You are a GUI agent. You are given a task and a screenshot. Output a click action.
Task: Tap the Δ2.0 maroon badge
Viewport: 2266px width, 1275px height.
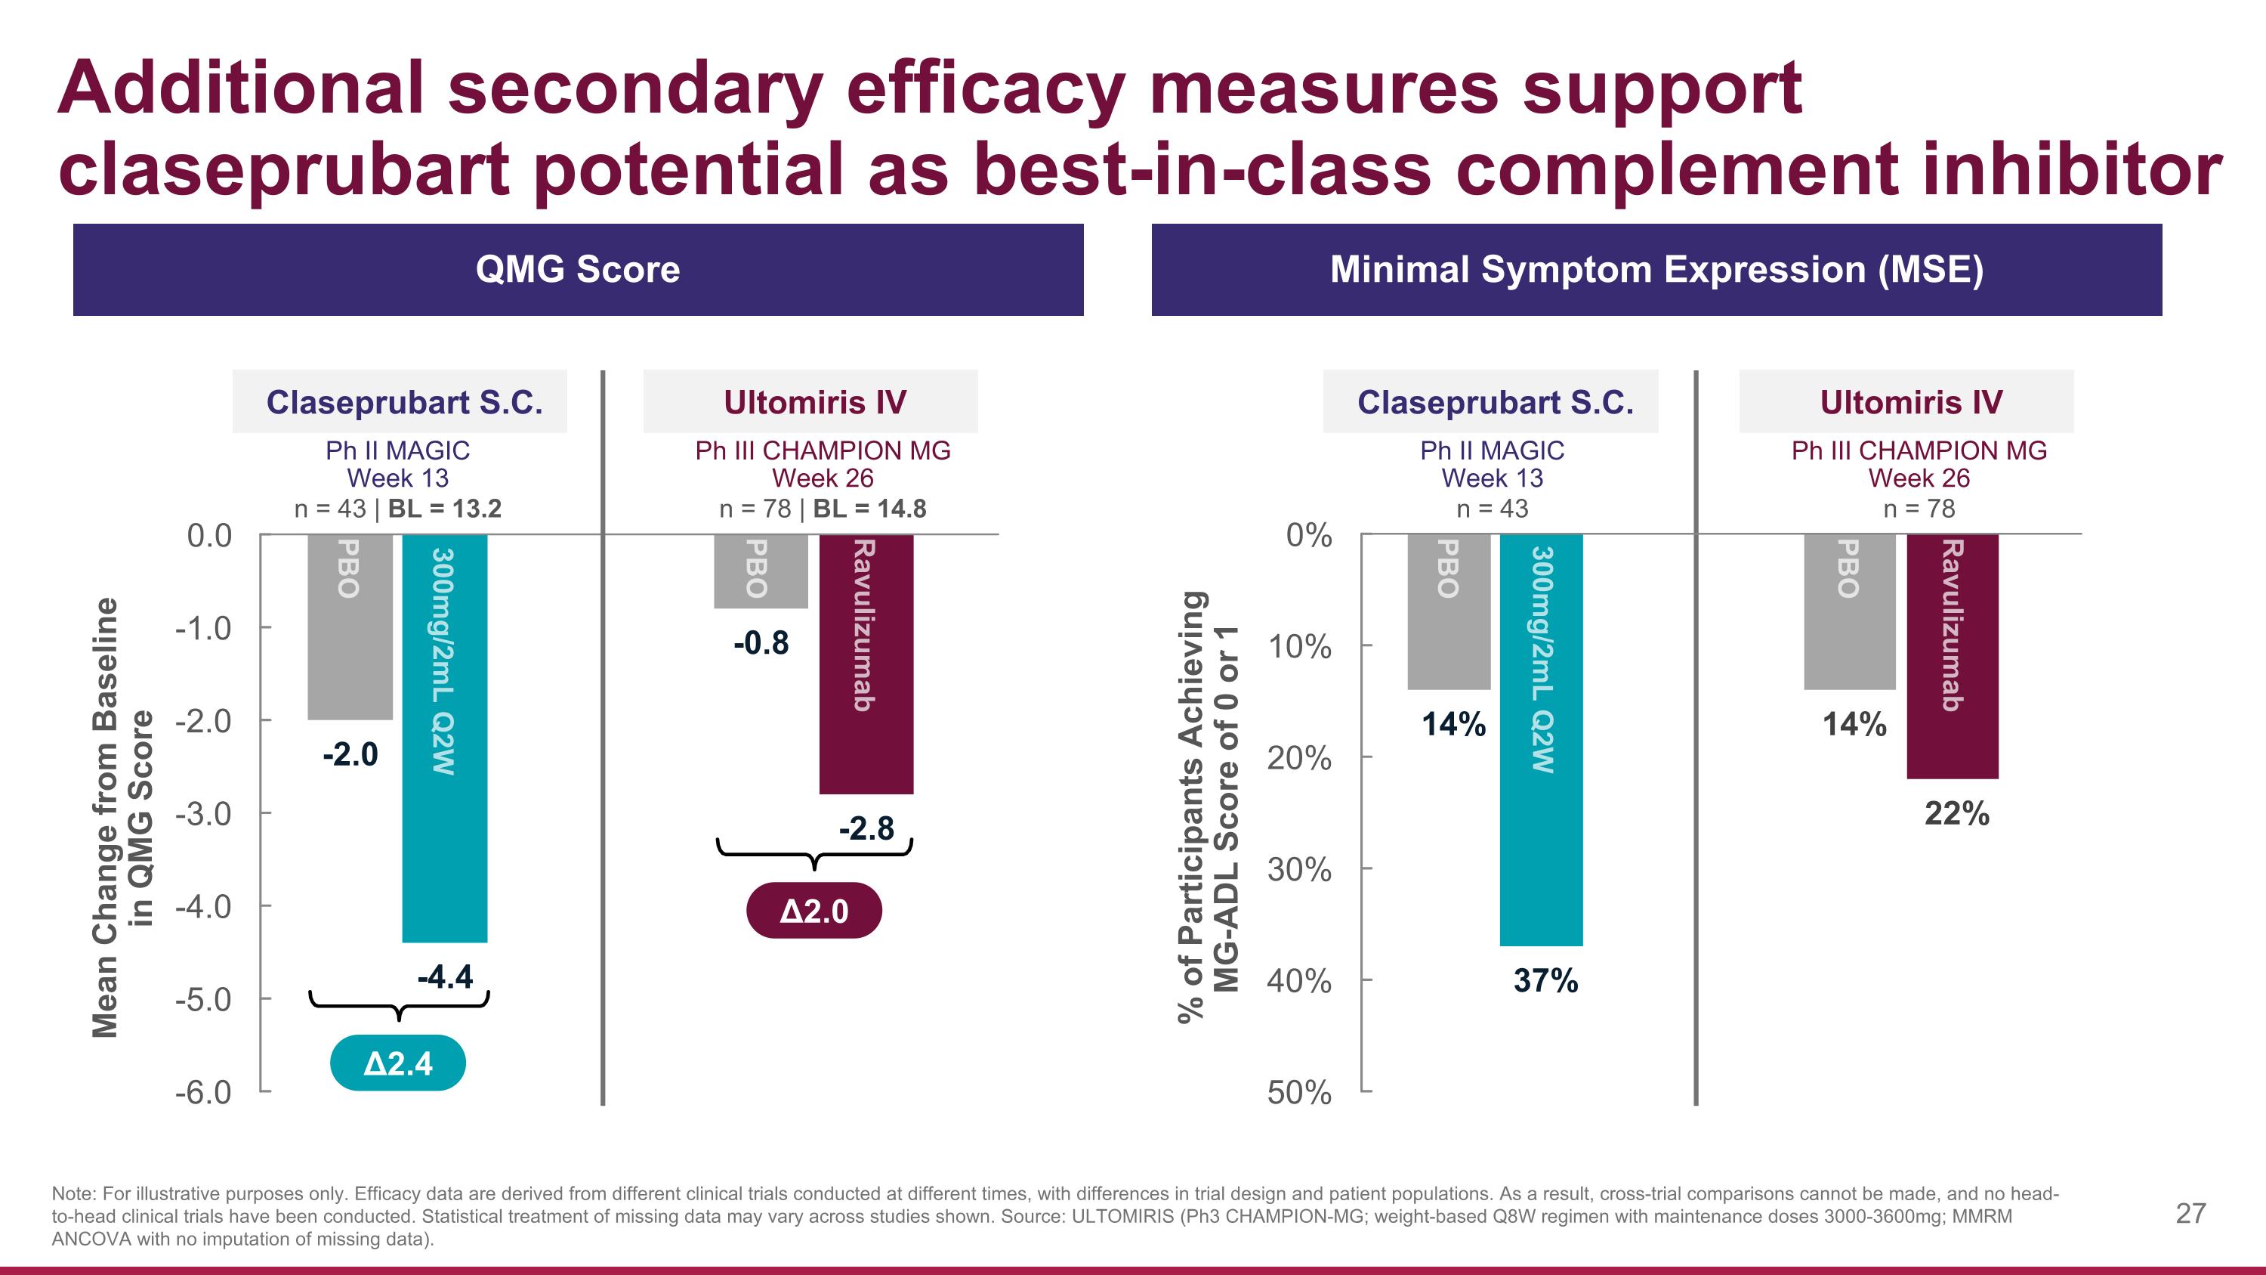tap(813, 911)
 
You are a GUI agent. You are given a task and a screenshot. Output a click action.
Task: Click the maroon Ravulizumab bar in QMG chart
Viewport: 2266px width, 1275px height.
tap(866, 664)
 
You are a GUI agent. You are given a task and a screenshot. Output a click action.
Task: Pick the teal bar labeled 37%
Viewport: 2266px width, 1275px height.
tap(1541, 739)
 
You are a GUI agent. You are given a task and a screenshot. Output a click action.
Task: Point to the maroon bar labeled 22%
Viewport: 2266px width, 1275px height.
tap(1952, 655)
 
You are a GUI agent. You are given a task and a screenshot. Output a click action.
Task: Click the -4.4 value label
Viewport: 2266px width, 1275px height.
tap(444, 976)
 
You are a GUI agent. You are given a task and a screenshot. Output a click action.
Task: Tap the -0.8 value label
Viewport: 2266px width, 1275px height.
tap(761, 643)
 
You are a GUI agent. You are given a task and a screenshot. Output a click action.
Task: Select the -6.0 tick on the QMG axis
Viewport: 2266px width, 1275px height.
tap(203, 1092)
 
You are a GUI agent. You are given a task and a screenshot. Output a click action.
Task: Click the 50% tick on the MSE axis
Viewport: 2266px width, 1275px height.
tap(1299, 1092)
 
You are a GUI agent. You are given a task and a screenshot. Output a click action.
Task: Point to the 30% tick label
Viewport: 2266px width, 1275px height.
tap(1299, 870)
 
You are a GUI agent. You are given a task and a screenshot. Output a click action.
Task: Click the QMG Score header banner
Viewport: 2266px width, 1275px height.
tap(578, 269)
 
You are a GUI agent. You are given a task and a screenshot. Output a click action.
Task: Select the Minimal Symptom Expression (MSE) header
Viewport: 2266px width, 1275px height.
tap(1656, 269)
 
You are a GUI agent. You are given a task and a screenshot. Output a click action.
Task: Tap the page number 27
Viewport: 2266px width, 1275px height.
tap(2190, 1214)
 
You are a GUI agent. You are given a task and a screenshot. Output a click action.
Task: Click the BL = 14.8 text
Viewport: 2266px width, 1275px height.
tap(869, 509)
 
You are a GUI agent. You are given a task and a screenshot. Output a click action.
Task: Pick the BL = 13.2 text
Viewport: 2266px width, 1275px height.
tap(444, 509)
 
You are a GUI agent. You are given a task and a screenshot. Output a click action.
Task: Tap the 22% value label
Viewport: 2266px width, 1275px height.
tap(1956, 813)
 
